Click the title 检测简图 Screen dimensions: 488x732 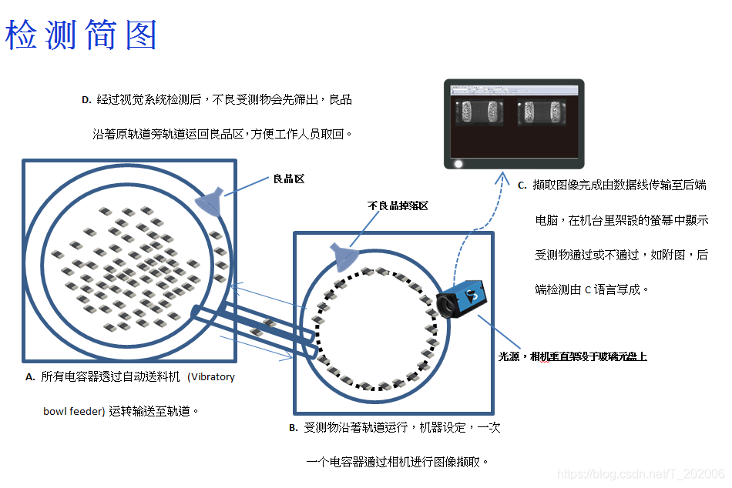click(82, 35)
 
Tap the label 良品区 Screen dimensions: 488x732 click(289, 179)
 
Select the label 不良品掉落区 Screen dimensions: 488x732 click(398, 206)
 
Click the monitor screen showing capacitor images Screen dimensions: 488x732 click(514, 123)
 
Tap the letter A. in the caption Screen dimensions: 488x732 click(31, 377)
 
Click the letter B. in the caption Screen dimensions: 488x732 click(294, 428)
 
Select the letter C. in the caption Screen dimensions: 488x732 click(522, 186)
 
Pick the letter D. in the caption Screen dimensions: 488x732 click(86, 99)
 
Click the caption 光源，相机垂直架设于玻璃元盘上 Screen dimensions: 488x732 click(573, 356)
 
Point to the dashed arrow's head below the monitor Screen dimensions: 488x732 click(502, 178)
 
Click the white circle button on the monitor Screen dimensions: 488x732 click(458, 163)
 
